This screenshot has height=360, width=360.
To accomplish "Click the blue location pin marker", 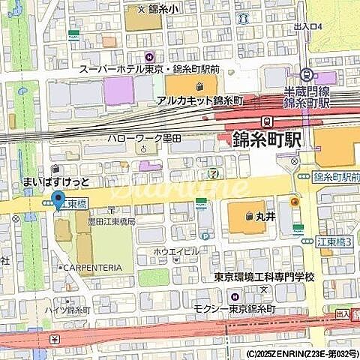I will coord(58,200).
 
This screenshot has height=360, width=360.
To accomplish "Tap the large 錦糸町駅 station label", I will coord(267,139).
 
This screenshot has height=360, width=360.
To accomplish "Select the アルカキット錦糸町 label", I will coord(201,100).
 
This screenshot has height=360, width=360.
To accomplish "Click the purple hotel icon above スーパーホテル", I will coord(149,55).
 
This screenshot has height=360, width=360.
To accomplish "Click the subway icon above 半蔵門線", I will coord(306,75).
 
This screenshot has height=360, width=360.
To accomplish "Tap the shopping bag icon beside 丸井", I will coord(249,217).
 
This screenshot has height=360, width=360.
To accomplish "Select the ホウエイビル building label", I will coord(175,250).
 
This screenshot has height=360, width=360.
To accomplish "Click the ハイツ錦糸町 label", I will coord(68,310).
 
